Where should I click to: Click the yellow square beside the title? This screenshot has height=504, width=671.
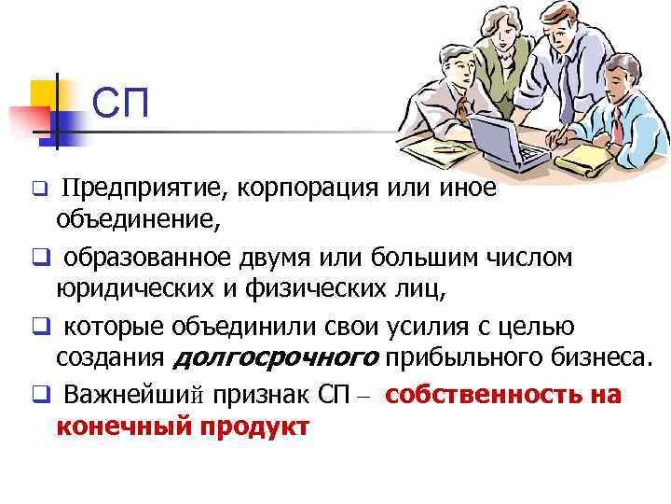pos(45,94)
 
